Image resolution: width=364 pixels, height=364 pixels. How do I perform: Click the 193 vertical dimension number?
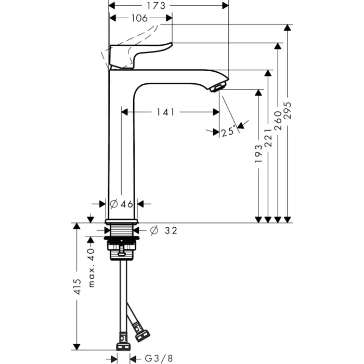pyautogui.click(x=258, y=155)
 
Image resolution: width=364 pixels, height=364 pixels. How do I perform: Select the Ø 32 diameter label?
pyautogui.click(x=163, y=230)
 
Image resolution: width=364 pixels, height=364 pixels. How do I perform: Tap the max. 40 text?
pyautogui.click(x=92, y=267)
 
